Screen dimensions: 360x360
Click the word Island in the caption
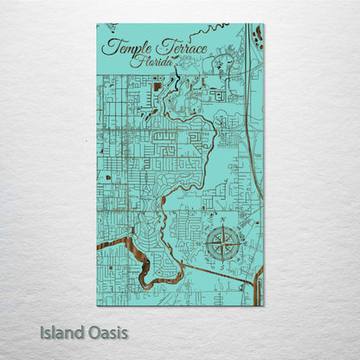[x=61, y=332]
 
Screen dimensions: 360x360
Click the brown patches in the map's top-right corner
[x=259, y=36]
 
